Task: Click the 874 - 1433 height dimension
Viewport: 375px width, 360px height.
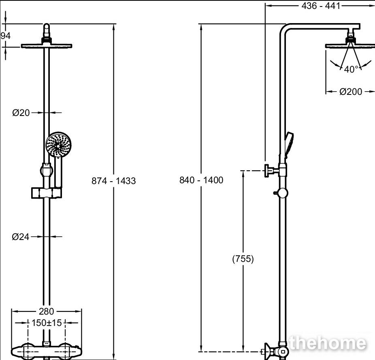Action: (x=114, y=181)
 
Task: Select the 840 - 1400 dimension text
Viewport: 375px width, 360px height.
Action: (x=201, y=180)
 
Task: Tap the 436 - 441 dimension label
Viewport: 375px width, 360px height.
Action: (x=321, y=6)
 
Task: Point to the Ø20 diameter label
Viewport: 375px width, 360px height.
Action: (x=21, y=113)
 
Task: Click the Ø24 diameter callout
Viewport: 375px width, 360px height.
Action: (x=21, y=237)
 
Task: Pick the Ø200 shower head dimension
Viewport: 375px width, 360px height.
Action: (x=351, y=92)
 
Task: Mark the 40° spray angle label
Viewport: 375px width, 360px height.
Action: (x=351, y=69)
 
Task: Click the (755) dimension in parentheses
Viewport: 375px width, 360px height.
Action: (x=243, y=259)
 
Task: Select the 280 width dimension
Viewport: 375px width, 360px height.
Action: (x=47, y=311)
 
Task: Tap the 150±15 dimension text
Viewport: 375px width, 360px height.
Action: (x=47, y=323)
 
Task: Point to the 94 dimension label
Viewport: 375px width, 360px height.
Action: (x=6, y=36)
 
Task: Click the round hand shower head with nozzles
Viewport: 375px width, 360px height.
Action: (x=59, y=145)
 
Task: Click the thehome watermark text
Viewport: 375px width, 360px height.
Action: (x=327, y=343)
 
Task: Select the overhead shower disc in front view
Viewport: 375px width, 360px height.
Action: (x=47, y=46)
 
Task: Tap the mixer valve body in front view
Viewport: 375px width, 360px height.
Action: (x=47, y=351)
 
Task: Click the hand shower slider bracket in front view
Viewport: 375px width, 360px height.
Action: (x=47, y=193)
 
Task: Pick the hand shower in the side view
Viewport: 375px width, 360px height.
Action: (x=289, y=145)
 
